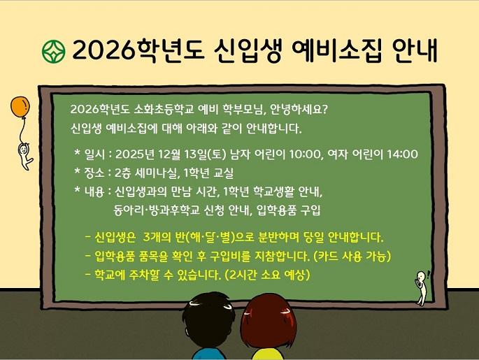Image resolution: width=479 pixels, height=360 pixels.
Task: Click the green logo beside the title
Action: coord(52,50)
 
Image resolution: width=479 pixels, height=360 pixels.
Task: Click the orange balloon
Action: coord(20,108)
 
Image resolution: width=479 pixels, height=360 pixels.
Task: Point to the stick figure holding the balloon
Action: coord(24,155)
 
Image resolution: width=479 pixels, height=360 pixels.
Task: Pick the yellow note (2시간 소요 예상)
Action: coord(267,274)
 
